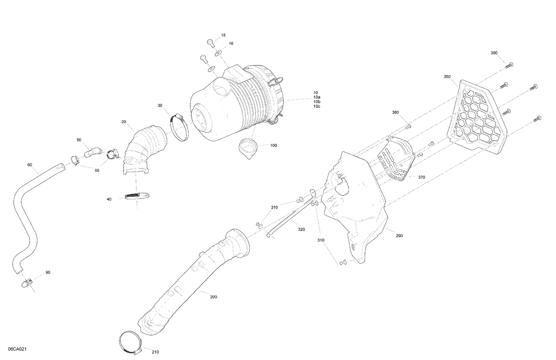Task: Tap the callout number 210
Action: click(x=155, y=352)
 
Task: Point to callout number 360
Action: click(x=494, y=53)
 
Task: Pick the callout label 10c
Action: click(x=317, y=106)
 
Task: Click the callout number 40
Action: click(x=109, y=199)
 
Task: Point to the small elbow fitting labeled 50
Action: click(x=91, y=152)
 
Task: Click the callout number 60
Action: click(x=30, y=164)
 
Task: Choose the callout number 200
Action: click(x=214, y=297)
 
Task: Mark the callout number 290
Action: click(x=399, y=236)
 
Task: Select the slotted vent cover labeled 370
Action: click(x=395, y=159)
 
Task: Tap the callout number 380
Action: click(x=396, y=112)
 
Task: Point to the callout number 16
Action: click(x=231, y=43)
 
